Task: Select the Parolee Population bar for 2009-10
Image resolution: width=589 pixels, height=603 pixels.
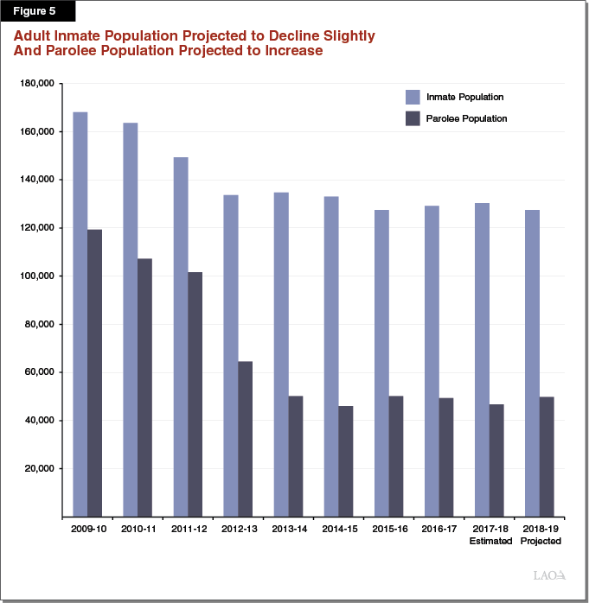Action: click(94, 372)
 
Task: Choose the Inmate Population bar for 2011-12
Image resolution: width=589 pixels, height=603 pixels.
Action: click(181, 337)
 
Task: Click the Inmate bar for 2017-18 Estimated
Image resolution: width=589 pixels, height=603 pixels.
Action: click(482, 359)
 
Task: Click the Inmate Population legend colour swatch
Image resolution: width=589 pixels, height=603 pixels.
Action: click(413, 97)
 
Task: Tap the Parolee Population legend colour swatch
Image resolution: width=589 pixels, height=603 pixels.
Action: click(413, 118)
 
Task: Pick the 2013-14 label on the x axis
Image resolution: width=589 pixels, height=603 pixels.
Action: click(289, 529)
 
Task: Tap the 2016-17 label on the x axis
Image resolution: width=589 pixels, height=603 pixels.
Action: click(439, 529)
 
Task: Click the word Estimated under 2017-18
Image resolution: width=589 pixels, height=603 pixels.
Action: click(490, 541)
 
